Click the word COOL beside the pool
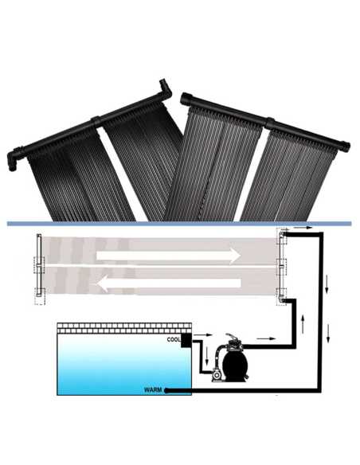pos(174,339)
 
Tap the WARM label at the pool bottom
pos(153,389)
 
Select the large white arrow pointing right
pos(168,256)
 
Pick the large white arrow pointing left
pos(168,283)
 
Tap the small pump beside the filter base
pos(216,375)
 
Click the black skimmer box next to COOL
pos(186,340)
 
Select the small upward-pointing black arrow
pos(303,324)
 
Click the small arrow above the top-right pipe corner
pos(303,228)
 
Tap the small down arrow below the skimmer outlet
pos(207,356)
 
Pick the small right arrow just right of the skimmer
pos(203,335)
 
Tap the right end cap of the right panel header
pos(345,147)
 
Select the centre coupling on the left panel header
pos(96,122)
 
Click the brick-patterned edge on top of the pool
pos(124,328)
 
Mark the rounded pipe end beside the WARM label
pos(166,391)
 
